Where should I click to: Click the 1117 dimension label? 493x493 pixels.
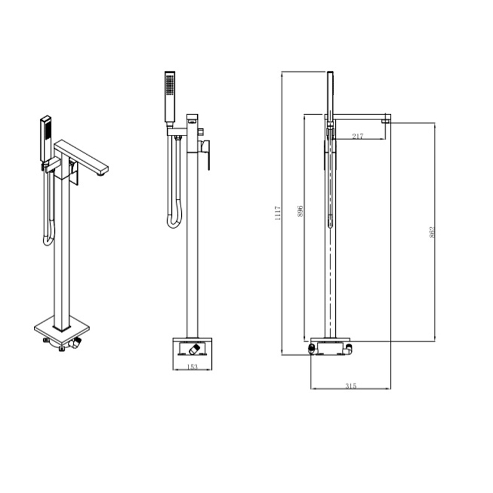click(278, 213)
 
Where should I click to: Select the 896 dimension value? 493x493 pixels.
click(300, 211)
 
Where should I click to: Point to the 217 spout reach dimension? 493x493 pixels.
click(358, 136)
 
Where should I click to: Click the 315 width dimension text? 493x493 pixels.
click(351, 386)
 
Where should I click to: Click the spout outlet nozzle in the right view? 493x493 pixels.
click(386, 121)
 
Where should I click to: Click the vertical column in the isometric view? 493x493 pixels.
click(62, 246)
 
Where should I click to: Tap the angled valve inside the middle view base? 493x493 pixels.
click(192, 350)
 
